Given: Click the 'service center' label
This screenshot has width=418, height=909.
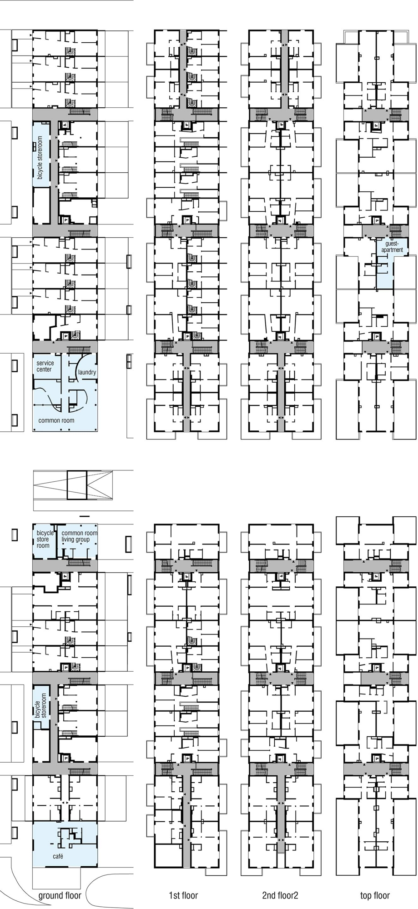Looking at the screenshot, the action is (45, 366).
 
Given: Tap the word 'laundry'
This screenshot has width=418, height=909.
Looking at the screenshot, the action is (87, 372).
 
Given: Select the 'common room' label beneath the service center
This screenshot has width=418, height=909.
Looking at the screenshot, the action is (56, 420).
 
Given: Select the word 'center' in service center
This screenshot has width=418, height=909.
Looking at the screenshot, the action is (45, 369).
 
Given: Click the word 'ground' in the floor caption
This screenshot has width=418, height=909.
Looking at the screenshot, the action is (51, 896).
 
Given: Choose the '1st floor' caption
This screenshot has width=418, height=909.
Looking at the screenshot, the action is (183, 896).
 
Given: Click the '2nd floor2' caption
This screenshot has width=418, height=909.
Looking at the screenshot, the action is (280, 896).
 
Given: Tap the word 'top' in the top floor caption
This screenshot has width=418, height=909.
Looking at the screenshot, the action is (367, 896).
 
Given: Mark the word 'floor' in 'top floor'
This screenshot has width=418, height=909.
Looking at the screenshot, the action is (383, 896).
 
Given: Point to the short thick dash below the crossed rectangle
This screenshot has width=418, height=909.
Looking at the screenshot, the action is (84, 516).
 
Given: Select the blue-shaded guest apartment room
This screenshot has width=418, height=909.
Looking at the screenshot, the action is (386, 264).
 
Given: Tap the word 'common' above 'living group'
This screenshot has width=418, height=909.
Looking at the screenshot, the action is (73, 533).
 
